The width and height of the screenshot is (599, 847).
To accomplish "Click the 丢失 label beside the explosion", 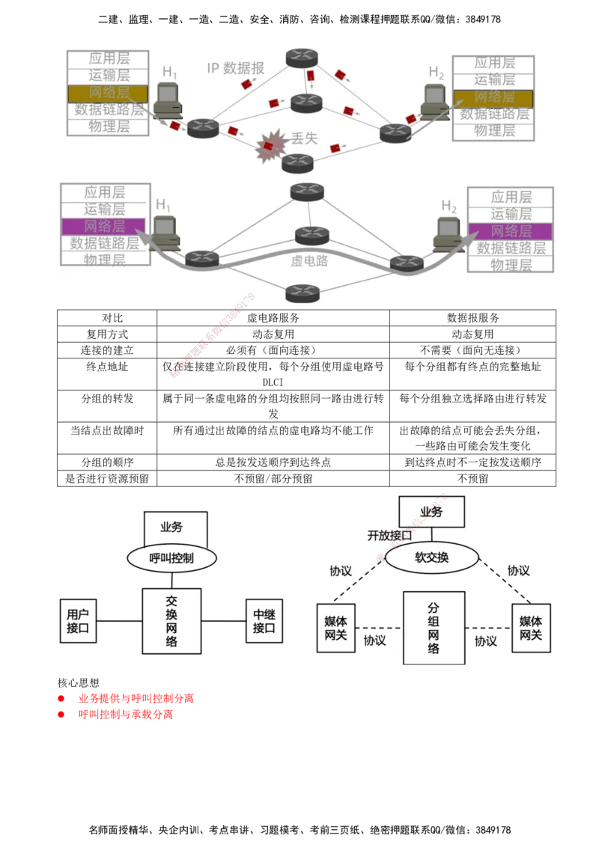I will (304, 138).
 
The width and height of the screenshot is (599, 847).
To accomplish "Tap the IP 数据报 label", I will (236, 68).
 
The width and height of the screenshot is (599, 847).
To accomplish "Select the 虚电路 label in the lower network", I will (309, 261).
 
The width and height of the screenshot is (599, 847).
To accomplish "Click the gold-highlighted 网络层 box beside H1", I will (108, 94).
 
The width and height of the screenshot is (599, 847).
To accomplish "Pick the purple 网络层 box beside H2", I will (511, 231).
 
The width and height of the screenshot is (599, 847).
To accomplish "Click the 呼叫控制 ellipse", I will (172, 557).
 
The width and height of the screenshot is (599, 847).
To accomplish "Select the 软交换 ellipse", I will (432, 557).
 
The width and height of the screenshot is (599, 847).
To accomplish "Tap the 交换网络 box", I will (172, 621).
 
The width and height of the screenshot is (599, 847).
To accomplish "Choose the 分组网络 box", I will (434, 628).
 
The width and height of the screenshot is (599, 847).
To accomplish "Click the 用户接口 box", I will (78, 621).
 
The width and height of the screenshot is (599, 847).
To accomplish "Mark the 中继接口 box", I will (264, 621).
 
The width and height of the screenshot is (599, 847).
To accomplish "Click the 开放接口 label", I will (389, 536).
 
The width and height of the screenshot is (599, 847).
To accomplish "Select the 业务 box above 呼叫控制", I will (174, 527).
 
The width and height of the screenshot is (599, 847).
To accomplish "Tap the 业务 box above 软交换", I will (431, 512).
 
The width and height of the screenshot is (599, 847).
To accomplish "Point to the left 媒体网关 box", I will (335, 628).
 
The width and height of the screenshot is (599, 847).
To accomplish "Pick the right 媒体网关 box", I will (531, 628).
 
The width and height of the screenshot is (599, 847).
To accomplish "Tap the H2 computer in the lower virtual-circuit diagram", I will (448, 233).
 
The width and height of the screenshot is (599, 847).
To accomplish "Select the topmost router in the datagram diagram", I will (302, 58).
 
